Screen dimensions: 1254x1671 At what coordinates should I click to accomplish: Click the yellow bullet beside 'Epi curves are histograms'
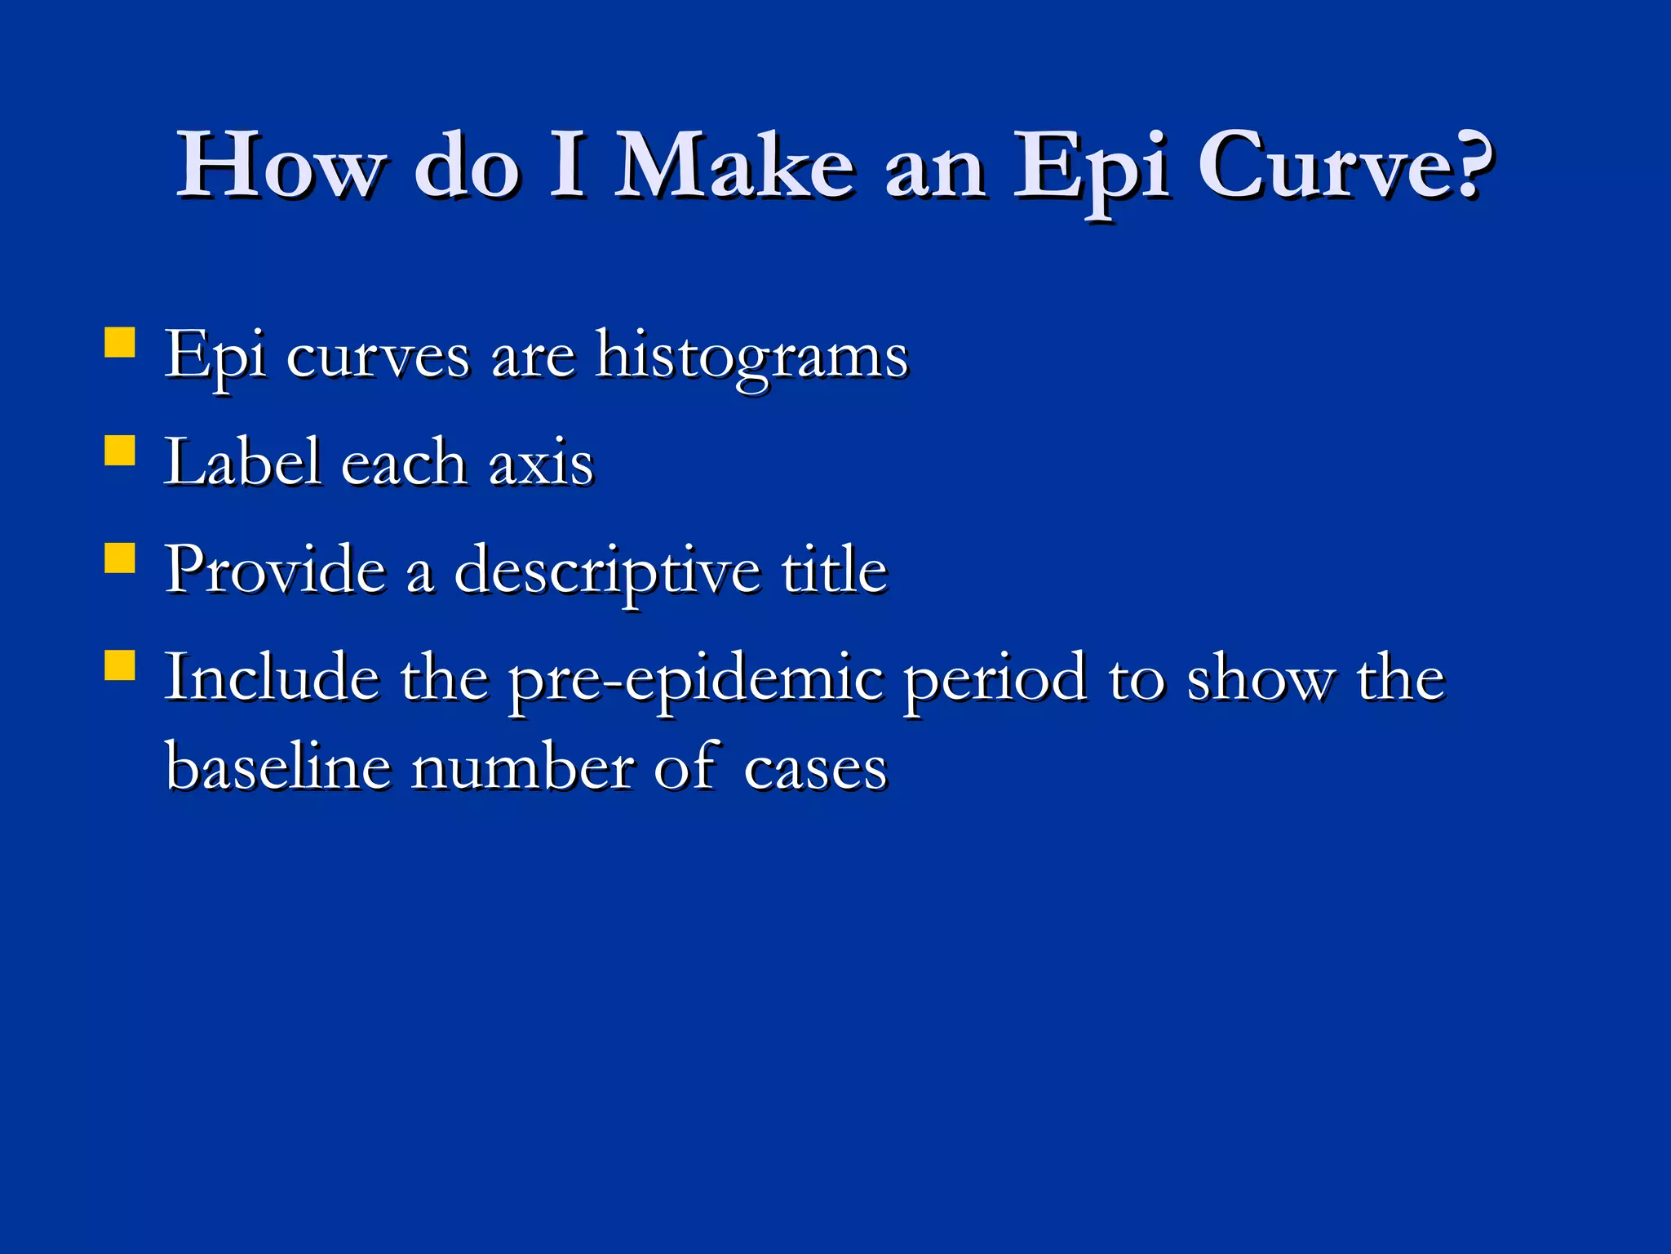(x=120, y=343)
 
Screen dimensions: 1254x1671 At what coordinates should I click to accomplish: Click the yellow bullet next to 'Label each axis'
(x=120, y=450)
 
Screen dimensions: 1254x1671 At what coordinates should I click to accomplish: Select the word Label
(x=242, y=462)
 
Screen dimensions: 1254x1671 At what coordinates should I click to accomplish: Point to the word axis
(x=541, y=464)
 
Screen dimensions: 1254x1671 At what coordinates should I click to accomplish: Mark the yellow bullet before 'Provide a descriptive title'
(x=120, y=558)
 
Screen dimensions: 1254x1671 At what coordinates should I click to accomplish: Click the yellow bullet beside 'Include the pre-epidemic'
(x=120, y=665)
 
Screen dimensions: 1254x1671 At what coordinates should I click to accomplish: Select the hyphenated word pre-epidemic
(x=696, y=680)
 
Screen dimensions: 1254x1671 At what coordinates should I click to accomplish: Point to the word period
(x=995, y=680)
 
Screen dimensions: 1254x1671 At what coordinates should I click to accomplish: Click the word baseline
(x=278, y=767)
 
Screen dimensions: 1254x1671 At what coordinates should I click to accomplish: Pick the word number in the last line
(x=522, y=767)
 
